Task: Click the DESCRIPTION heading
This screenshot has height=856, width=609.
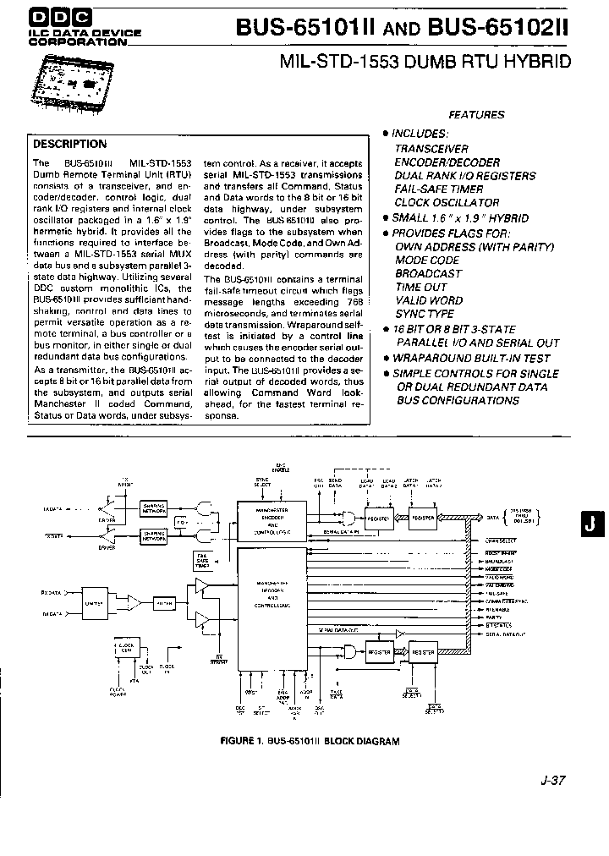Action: pos(70,144)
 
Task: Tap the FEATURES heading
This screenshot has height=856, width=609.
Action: pos(476,115)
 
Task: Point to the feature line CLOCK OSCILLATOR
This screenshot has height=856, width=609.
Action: pos(447,203)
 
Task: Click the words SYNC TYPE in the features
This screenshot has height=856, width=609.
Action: pos(424,315)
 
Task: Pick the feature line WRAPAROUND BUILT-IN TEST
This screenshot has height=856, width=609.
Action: pos(471,359)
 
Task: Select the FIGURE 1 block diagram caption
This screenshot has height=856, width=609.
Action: pos(309,741)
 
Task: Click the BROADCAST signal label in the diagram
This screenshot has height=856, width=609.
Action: pos(499,561)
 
